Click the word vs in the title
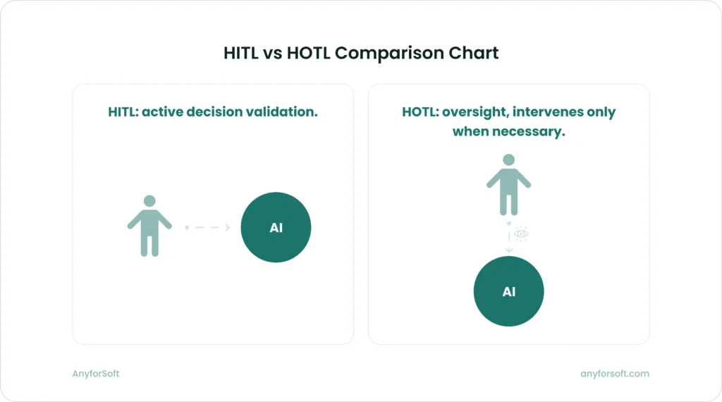[x=271, y=53]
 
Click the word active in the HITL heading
[x=163, y=111]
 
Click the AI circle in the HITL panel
[x=276, y=228]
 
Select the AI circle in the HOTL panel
[x=508, y=291]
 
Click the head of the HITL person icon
[x=149, y=201]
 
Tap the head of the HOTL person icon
[x=508, y=160]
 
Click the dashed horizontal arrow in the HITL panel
[x=208, y=227]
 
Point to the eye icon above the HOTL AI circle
[x=521, y=233]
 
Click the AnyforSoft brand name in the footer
[x=96, y=374]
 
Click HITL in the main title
[x=240, y=53]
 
